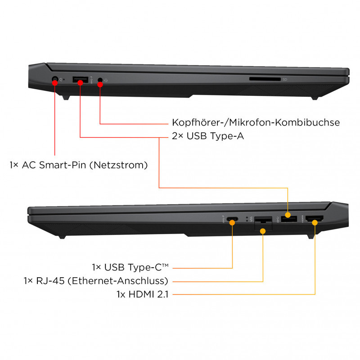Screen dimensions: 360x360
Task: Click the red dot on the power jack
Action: click(55, 82)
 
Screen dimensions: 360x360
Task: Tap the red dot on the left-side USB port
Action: click(80, 82)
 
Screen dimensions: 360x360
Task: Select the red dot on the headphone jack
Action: click(100, 85)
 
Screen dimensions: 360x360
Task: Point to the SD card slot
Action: click(265, 79)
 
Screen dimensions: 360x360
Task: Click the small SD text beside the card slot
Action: click(285, 80)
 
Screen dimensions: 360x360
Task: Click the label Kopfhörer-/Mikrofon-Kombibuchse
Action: click(256, 122)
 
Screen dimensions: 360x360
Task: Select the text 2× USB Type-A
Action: click(208, 136)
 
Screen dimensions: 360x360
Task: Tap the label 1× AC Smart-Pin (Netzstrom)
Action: click(78, 165)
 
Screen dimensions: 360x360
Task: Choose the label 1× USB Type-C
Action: click(130, 267)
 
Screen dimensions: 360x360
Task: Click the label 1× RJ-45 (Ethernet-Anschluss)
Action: click(96, 281)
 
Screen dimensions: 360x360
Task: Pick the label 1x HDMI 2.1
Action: click(143, 294)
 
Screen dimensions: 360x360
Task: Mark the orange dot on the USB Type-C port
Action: click(232, 222)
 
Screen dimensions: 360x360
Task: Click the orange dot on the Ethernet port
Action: click(263, 231)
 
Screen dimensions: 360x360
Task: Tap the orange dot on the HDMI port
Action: click(315, 222)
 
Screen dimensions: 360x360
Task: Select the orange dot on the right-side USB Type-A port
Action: click(288, 215)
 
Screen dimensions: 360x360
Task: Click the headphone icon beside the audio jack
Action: click(106, 81)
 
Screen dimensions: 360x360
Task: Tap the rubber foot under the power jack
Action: click(66, 98)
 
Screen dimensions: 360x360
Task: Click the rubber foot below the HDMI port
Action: click(310, 237)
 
